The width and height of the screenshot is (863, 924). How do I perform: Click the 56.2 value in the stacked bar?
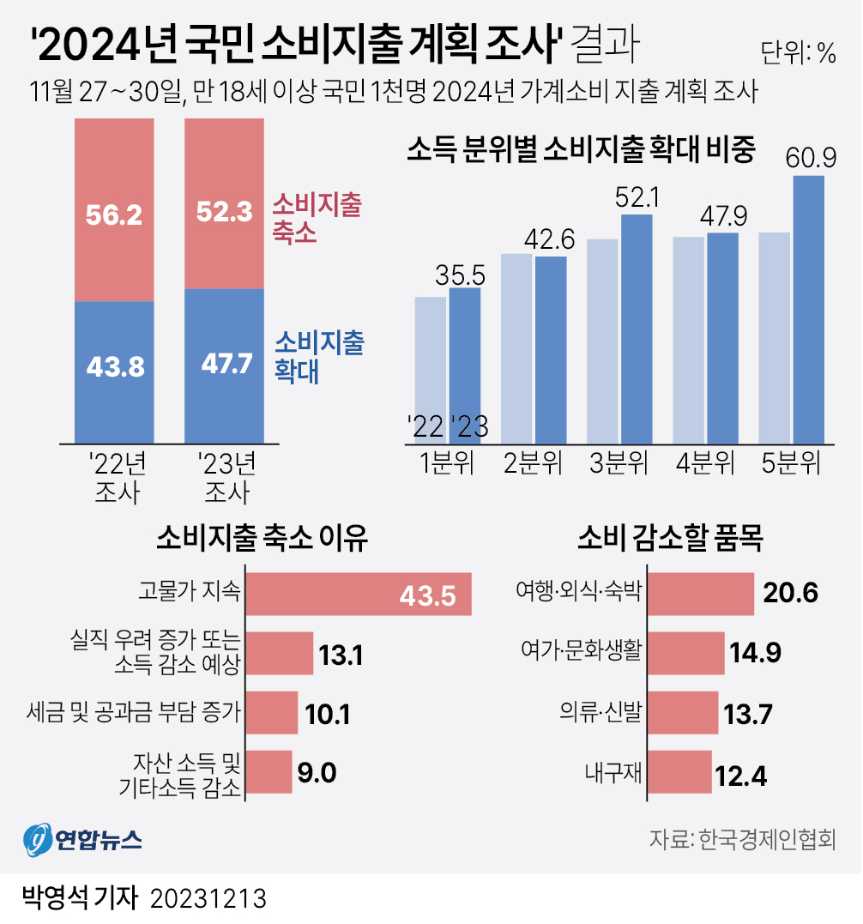click(114, 215)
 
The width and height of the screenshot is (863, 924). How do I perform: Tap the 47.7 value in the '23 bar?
click(226, 364)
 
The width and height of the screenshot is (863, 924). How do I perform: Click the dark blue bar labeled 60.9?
click(808, 309)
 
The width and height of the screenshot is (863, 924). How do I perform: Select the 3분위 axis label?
click(619, 464)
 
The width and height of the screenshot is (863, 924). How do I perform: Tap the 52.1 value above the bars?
click(637, 198)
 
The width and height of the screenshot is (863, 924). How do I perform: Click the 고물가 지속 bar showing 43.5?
click(359, 594)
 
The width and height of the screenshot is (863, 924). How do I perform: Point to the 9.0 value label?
click(317, 772)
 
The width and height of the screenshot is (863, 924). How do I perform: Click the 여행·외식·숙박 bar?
click(701, 594)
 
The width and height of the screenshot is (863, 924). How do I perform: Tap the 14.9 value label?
click(755, 653)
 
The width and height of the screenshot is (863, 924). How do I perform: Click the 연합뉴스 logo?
click(82, 837)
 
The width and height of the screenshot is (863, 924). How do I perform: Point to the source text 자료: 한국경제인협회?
click(742, 838)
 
